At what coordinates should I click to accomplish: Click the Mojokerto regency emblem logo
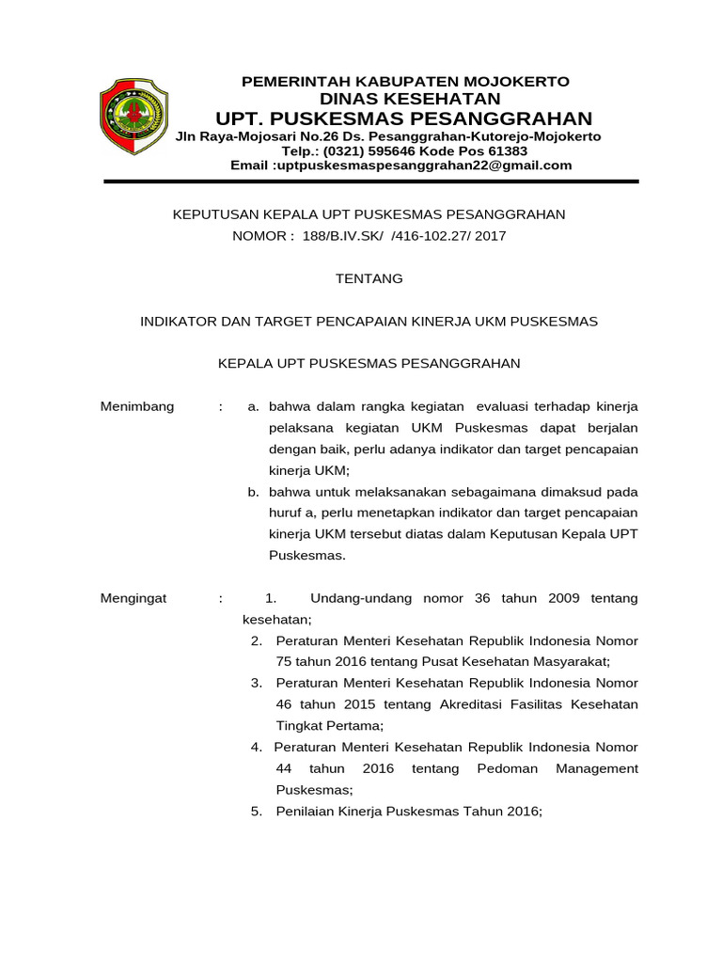point(134,117)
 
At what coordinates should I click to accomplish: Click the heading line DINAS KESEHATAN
point(410,99)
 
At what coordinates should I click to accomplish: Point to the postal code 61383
point(509,150)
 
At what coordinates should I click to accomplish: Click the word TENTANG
point(369,278)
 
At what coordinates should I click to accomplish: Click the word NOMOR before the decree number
point(263,236)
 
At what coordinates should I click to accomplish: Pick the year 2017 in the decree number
point(490,236)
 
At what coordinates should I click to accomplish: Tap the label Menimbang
point(137,406)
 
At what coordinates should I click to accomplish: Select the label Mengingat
point(133,598)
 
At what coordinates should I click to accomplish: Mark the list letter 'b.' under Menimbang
point(253,492)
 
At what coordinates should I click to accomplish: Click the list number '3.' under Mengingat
point(257,684)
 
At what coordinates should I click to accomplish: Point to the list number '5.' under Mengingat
point(257,812)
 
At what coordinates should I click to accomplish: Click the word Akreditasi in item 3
point(474,704)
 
